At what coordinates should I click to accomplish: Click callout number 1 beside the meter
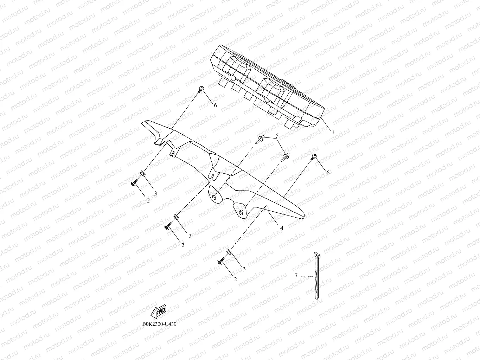tap(333, 132)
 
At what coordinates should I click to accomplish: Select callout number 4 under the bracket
tap(281, 228)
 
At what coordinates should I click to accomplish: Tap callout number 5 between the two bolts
tap(277, 135)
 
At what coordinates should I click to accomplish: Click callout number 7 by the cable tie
tap(296, 276)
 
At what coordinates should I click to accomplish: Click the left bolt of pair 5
tap(260, 139)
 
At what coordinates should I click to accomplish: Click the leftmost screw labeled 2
tap(134, 184)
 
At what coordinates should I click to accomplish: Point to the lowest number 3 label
tap(244, 269)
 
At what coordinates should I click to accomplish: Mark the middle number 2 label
tap(183, 245)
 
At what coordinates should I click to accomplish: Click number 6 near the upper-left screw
tap(215, 105)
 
